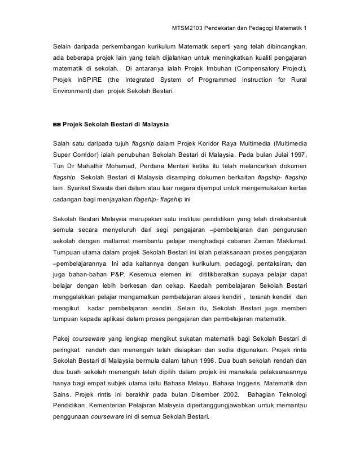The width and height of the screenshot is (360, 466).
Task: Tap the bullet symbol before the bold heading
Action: tap(56, 123)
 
